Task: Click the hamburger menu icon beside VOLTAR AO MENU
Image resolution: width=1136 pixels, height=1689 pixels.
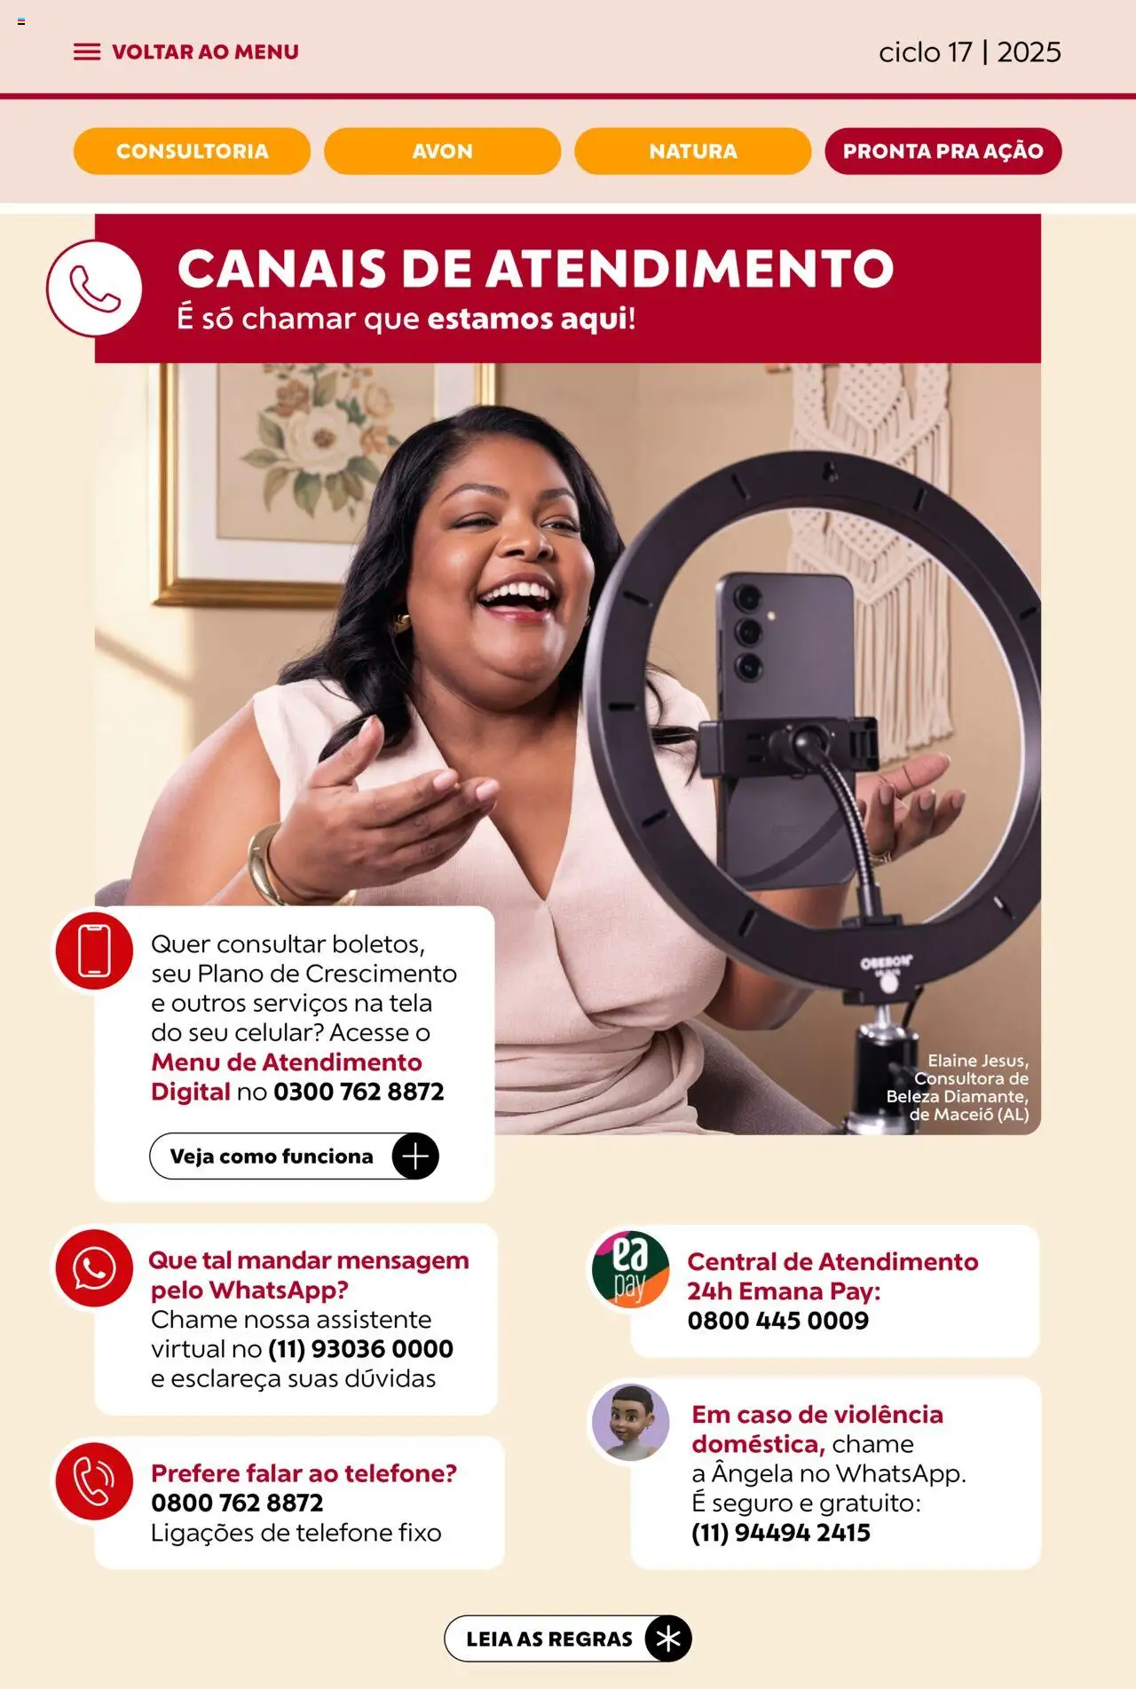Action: click(87, 52)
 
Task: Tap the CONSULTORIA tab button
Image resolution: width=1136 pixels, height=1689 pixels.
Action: click(192, 151)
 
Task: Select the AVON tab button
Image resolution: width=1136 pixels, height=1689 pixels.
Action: click(442, 151)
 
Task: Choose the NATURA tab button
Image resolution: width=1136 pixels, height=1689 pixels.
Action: click(693, 151)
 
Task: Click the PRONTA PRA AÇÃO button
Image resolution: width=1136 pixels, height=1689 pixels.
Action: click(943, 151)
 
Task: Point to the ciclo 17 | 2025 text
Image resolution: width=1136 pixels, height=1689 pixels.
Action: click(970, 52)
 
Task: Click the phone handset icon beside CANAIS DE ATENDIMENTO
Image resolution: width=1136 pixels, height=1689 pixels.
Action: click(94, 288)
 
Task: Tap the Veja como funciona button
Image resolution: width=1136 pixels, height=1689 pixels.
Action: click(294, 1156)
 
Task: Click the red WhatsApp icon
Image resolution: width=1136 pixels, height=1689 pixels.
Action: click(94, 1268)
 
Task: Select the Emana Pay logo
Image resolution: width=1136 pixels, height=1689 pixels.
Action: click(630, 1268)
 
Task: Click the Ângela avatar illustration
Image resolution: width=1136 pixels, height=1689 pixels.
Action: click(630, 1422)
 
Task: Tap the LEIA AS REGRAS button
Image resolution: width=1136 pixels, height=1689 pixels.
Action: click(568, 1638)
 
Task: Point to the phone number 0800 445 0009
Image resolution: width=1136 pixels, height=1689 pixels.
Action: click(778, 1321)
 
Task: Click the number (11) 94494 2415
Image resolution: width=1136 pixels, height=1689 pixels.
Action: click(781, 1533)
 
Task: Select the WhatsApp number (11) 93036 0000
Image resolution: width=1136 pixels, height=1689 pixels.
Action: click(360, 1349)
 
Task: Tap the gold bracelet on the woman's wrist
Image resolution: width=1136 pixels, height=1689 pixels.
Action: click(265, 865)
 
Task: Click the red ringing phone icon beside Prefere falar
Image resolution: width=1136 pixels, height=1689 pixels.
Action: click(94, 1481)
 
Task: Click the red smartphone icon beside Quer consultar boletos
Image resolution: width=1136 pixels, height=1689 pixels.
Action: click(94, 951)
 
